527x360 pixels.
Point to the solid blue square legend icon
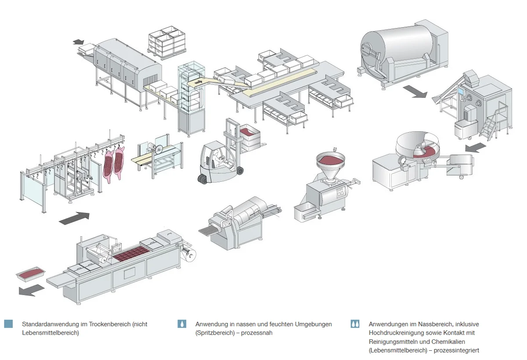8,324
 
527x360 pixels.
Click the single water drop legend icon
182,324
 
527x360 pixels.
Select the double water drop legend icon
355,324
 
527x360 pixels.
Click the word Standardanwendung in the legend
48,324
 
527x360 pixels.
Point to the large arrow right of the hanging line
74,217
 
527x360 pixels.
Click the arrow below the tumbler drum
415,91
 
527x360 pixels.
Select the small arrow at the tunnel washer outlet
79,42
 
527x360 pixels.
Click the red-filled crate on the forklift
249,131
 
